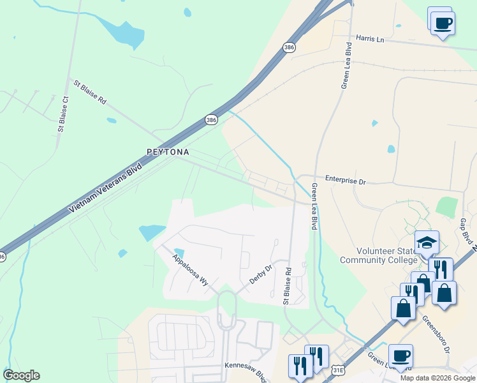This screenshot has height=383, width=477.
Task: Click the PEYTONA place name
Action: [168, 152]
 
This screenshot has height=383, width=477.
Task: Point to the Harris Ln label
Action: [371, 39]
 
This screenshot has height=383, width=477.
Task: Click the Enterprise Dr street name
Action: [345, 181]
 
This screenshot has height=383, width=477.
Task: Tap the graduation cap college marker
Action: [427, 243]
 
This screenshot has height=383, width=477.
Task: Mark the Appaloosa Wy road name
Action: [190, 269]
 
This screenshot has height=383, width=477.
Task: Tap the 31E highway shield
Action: [339, 370]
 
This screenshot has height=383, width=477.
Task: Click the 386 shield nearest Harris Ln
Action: [290, 47]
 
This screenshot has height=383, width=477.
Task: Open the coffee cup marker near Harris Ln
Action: [442, 23]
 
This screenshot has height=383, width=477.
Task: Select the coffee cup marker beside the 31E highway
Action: [400, 356]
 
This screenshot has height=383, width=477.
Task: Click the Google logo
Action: [21, 375]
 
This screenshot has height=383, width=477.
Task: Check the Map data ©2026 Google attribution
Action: [438, 377]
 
